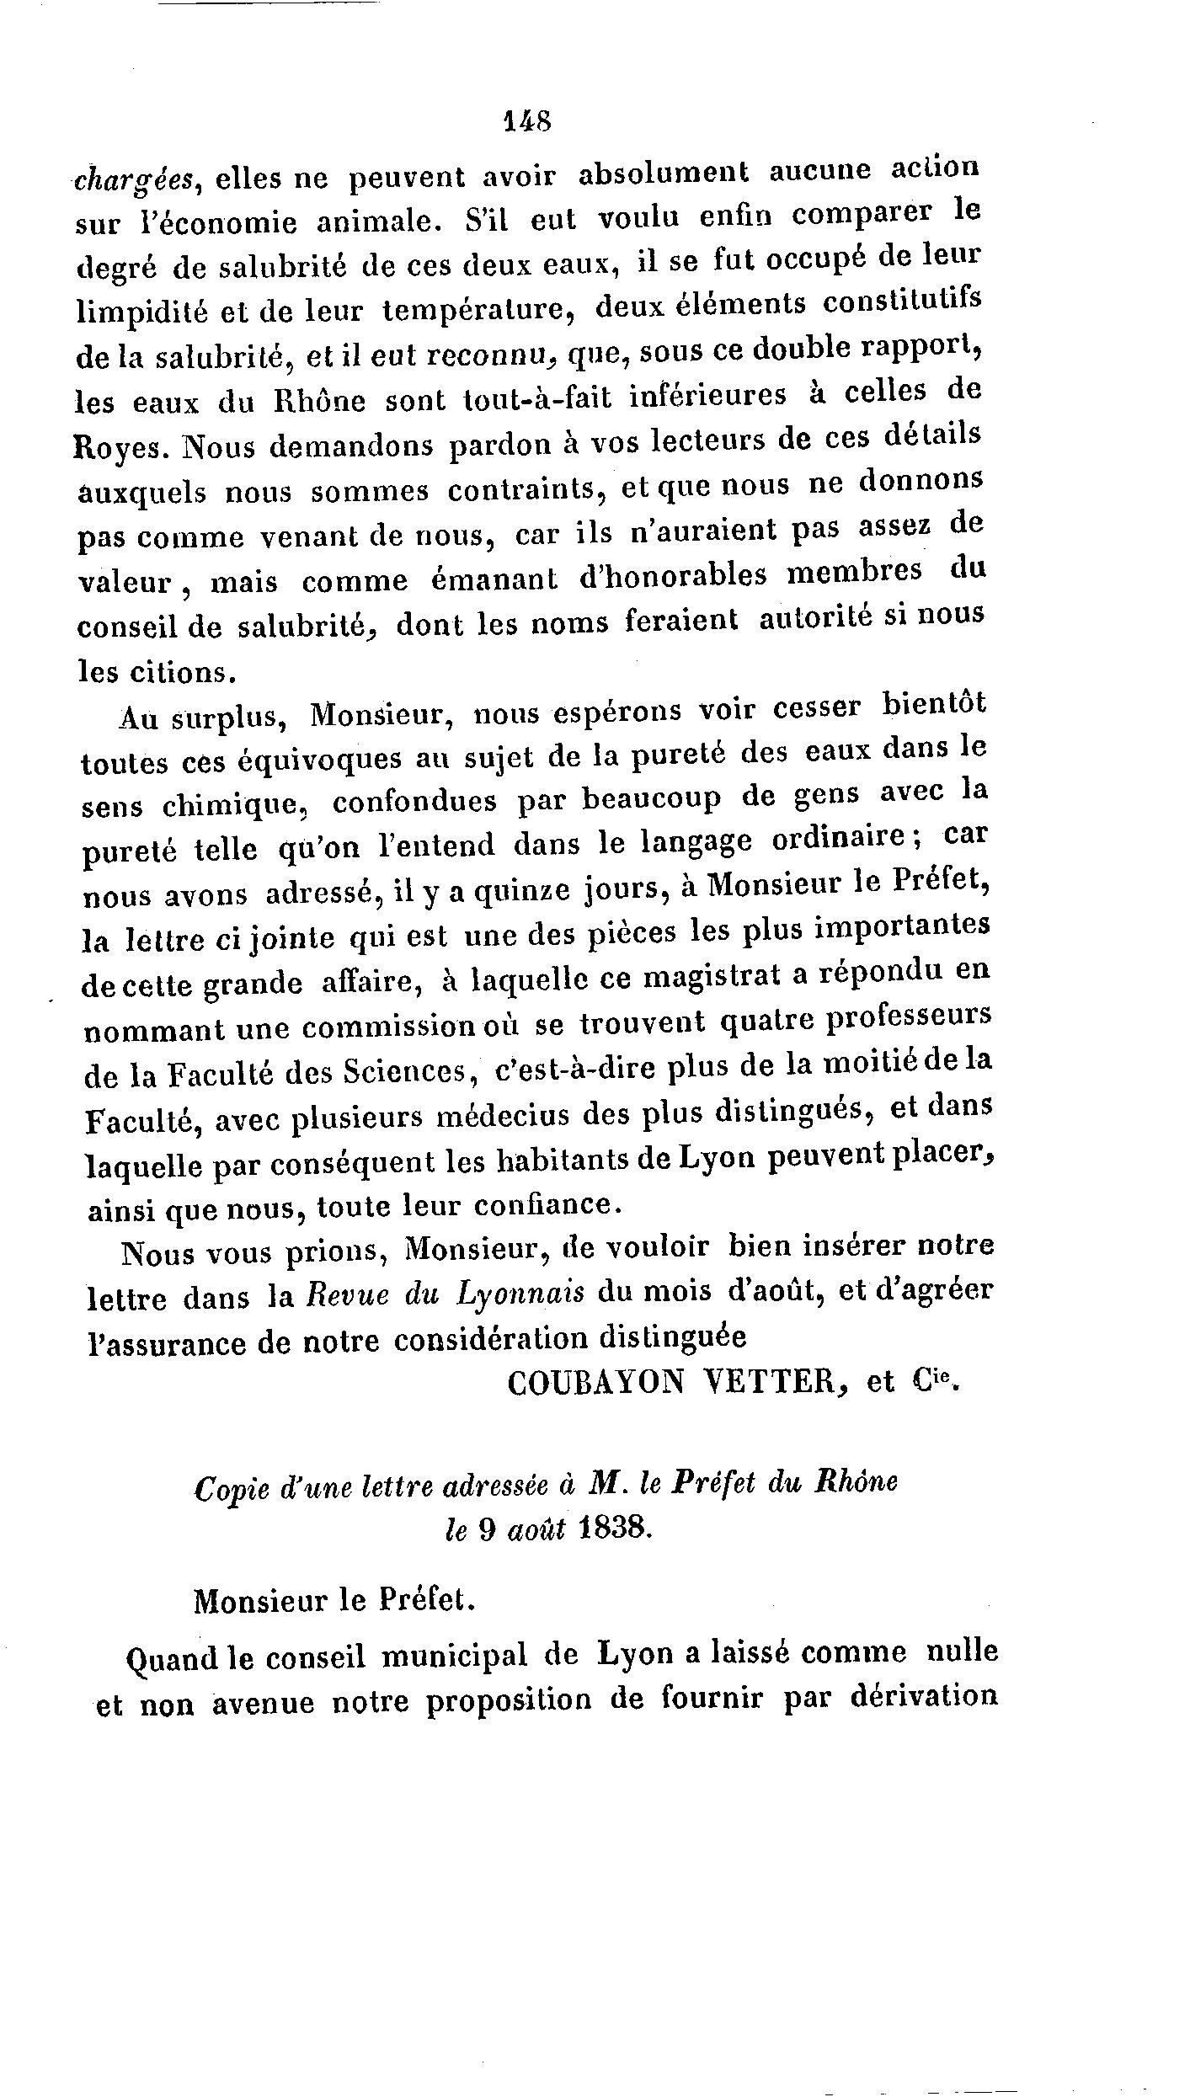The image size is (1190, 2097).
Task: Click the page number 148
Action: point(526,120)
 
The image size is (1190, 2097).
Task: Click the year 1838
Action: point(616,1529)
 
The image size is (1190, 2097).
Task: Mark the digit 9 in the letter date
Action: point(486,1529)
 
